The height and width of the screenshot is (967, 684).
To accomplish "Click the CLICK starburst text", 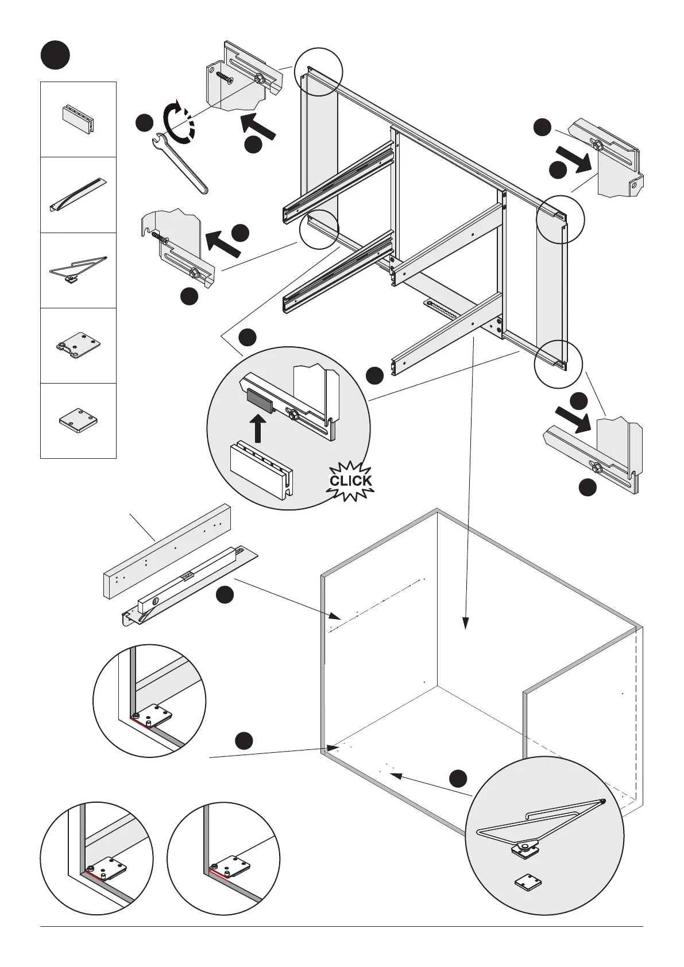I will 350,481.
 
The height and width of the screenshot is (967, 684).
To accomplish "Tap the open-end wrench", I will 180,164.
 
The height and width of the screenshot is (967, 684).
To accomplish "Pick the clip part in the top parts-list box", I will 78,118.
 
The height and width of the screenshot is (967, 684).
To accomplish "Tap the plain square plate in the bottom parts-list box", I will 78,419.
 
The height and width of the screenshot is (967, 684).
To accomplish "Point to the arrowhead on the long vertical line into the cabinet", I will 466,623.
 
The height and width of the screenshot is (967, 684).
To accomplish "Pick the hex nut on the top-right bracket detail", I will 597,145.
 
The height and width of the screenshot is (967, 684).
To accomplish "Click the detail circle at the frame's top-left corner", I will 318,72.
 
